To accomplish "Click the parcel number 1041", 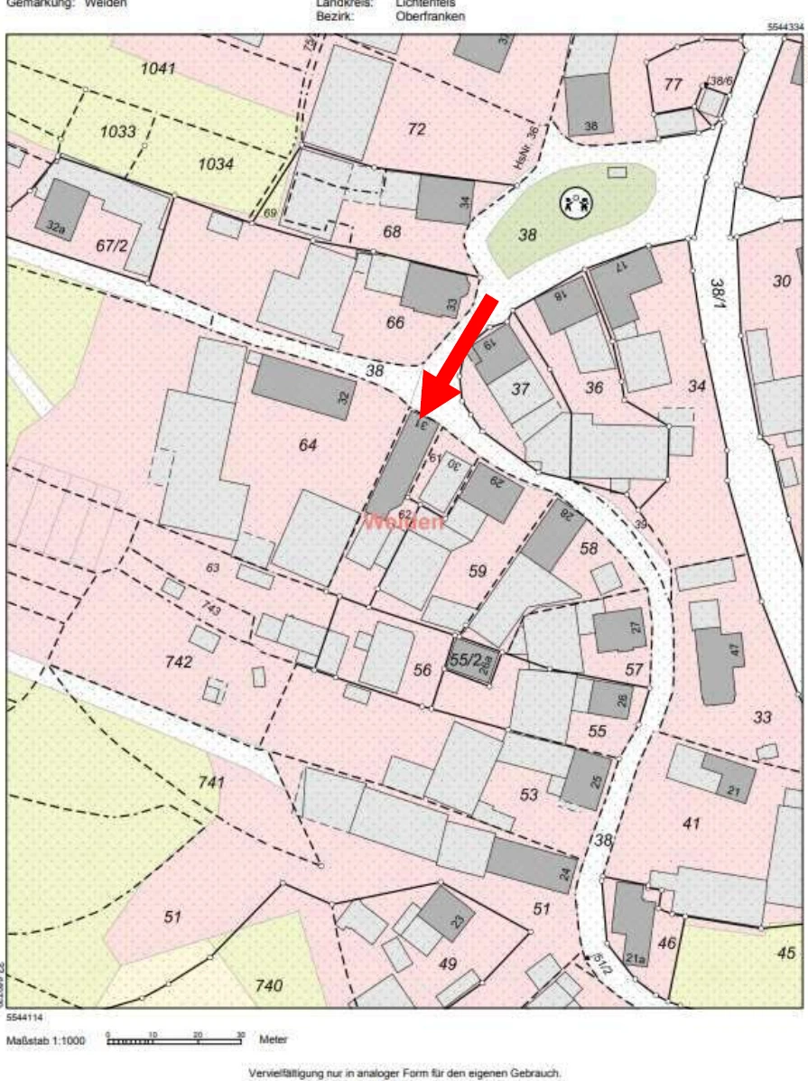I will tap(158, 70).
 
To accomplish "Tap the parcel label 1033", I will tap(118, 132).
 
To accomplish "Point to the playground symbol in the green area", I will tap(575, 201).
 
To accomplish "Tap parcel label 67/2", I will tap(113, 245).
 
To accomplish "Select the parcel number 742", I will tap(179, 662).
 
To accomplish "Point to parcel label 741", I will tap(210, 782).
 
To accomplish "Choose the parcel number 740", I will tap(268, 985).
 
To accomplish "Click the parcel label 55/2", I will tap(465, 660).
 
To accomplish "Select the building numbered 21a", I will tap(633, 925).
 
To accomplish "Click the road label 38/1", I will tap(719, 293).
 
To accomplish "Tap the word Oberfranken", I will tap(430, 16).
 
